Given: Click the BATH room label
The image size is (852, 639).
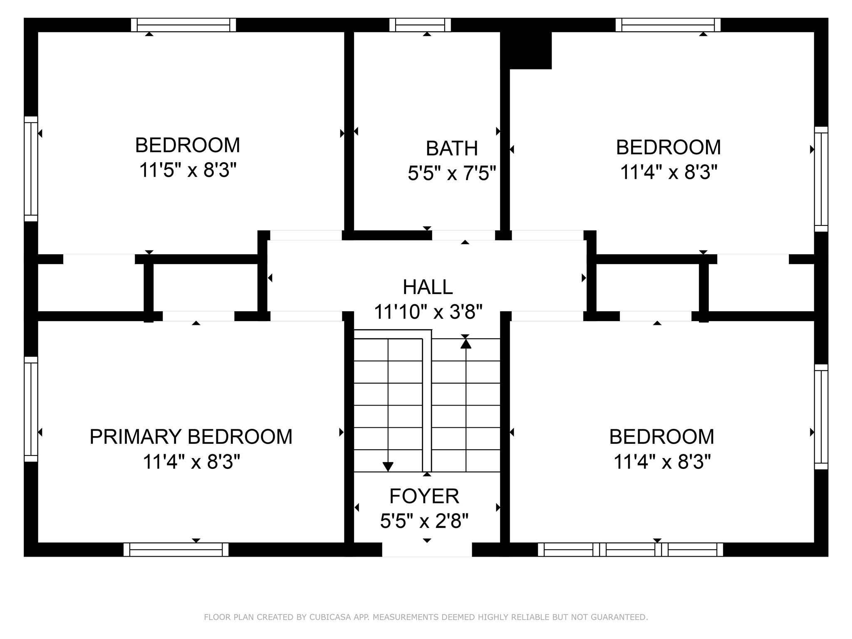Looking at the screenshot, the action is point(452,149).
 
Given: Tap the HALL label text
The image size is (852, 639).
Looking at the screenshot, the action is point(428,287).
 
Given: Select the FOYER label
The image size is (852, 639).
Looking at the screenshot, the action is point(424,496).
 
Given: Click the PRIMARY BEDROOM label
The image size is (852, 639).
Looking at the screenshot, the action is point(191,437).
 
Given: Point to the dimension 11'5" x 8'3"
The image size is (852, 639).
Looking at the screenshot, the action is point(188,170).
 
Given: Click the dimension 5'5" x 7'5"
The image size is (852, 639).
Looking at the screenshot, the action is point(452,173).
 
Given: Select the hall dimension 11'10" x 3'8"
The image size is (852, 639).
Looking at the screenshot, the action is point(428,312).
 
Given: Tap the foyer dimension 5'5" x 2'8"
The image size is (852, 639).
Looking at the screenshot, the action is point(424,521).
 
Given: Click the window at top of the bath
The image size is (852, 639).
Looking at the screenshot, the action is point(420,25).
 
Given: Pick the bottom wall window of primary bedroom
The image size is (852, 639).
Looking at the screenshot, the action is point(176,550).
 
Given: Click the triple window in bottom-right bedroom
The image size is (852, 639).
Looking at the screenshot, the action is point(630,550).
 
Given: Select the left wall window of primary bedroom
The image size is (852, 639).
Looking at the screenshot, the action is point(31,409).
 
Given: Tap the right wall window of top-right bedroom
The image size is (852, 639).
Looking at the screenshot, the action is point(821,179).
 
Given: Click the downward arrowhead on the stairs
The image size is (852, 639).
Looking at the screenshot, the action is point(388,467).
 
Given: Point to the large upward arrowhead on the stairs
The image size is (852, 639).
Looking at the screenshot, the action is point(466,344).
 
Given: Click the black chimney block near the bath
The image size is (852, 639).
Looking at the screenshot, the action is point(526,50).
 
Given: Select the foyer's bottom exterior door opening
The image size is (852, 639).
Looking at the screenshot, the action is point(427,550).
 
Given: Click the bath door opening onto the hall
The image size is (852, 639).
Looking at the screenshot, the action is point(463,235).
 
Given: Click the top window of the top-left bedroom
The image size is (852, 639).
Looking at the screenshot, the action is point(183,25).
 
